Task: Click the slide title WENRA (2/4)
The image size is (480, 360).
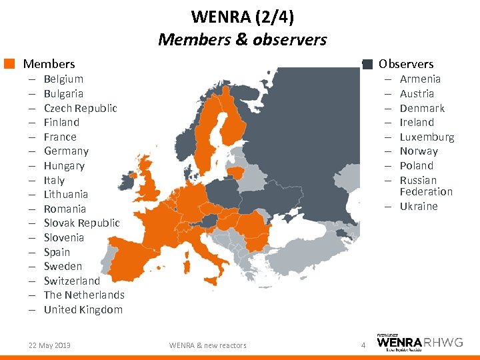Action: click(x=242, y=16)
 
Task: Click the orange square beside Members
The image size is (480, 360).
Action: click(x=9, y=64)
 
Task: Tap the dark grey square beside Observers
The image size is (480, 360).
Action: click(x=367, y=64)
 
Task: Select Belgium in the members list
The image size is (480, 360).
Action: click(x=63, y=79)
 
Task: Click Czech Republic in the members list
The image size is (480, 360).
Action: click(x=80, y=108)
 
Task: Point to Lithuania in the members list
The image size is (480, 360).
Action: click(x=65, y=195)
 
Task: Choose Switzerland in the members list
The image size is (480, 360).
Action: click(x=71, y=281)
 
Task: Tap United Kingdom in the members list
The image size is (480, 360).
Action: click(x=83, y=309)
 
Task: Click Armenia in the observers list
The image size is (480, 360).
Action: click(x=420, y=79)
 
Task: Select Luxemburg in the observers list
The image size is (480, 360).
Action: click(x=427, y=137)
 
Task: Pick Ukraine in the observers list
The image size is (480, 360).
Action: click(x=419, y=207)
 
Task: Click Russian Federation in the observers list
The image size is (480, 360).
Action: click(x=425, y=186)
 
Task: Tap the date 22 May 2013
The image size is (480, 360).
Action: click(x=49, y=345)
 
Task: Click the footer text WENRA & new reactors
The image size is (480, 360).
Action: click(x=207, y=345)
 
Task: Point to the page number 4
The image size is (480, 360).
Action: click(x=363, y=345)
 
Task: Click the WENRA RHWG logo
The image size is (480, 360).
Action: click(x=419, y=343)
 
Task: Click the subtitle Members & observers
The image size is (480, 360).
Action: click(x=242, y=39)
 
